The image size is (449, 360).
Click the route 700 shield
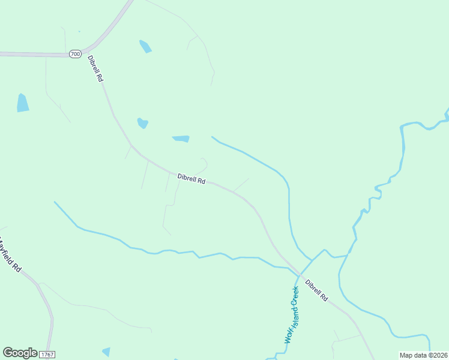click(x=75, y=54)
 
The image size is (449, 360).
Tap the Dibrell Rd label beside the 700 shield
click(x=95, y=69)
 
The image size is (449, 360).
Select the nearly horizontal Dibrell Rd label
click(x=191, y=179)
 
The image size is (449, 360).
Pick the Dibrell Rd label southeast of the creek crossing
click(x=316, y=290)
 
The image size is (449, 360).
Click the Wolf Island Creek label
click(x=292, y=314)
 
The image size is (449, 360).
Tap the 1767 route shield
click(x=47, y=355)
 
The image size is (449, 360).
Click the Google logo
click(x=20, y=353)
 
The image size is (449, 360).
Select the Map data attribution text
click(x=423, y=355)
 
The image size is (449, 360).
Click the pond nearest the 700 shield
click(x=145, y=46)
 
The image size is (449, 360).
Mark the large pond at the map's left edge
click(x=23, y=103)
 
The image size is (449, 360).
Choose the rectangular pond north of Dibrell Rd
click(x=181, y=139)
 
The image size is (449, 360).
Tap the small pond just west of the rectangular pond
click(x=142, y=123)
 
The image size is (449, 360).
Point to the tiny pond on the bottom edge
click(x=106, y=352)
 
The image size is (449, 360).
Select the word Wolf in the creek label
click(x=288, y=335)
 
